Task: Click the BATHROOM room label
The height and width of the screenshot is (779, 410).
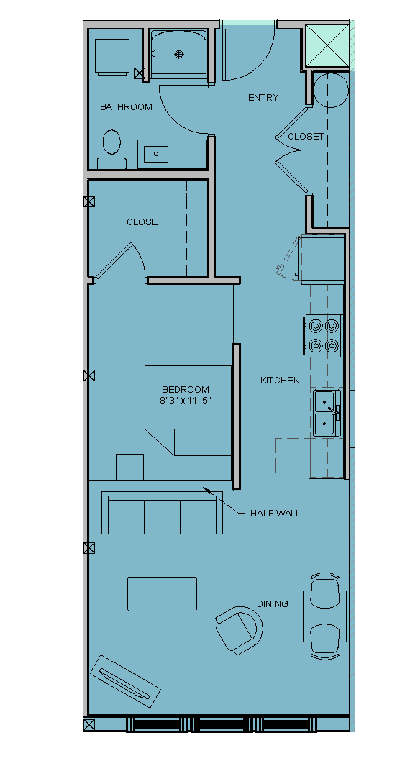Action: [x=126, y=106]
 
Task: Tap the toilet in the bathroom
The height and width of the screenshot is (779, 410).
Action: [x=111, y=149]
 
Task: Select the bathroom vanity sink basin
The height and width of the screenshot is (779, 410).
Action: [x=156, y=154]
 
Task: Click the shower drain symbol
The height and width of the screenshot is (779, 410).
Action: [x=179, y=55]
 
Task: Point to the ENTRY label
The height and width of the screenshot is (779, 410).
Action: [x=263, y=97]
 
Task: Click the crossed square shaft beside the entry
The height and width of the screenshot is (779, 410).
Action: [x=327, y=46]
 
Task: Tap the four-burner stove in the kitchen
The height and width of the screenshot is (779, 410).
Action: [x=324, y=335]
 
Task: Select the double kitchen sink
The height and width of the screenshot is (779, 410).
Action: [x=326, y=411]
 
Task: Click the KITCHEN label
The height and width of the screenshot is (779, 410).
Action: [x=281, y=380]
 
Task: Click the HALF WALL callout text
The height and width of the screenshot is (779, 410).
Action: [x=275, y=513]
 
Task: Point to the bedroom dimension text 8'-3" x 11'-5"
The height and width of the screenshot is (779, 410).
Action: [x=186, y=401]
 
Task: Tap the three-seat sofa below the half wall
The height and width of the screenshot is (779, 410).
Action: [x=162, y=512]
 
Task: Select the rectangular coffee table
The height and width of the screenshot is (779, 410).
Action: [x=162, y=593]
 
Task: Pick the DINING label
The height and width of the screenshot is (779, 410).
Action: [x=273, y=604]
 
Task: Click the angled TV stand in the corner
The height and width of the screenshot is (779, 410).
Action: [x=125, y=681]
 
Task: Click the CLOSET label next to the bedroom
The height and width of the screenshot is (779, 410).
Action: [x=145, y=222]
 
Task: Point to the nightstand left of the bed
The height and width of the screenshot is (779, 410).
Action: [x=129, y=467]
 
